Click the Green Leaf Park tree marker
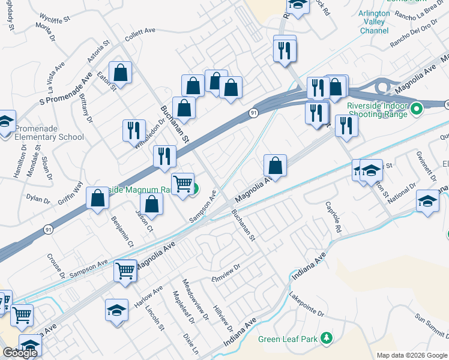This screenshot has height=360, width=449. tap(327, 338)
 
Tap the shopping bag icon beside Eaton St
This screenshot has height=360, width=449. tap(121, 73)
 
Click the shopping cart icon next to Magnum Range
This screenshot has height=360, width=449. tap(182, 182)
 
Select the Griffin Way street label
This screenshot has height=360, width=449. tap(71, 181)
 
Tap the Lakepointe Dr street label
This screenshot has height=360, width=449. tap(306, 305)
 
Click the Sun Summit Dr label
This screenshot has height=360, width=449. tap(432, 326)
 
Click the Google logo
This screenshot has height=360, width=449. tap(20, 353)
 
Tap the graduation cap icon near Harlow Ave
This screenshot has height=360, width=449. tap(116, 311)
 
